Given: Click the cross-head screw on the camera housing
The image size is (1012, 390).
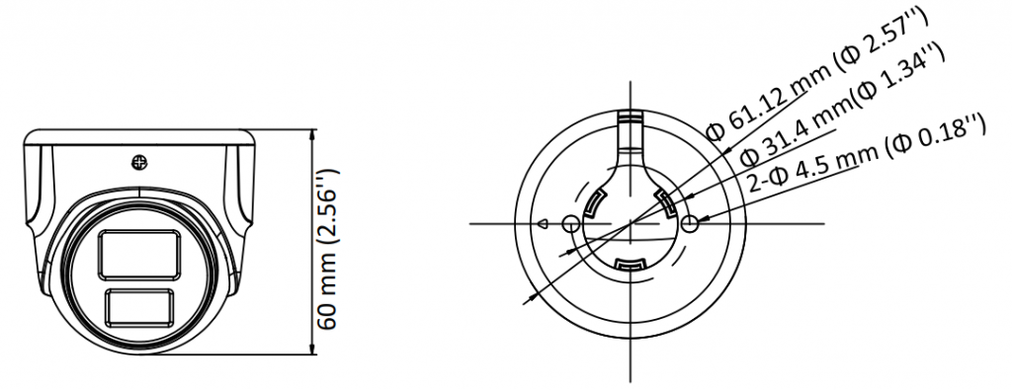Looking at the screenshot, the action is (x=139, y=163).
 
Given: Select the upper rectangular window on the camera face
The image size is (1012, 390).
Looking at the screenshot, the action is (x=138, y=256).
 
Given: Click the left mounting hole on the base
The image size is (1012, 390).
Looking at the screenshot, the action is (x=570, y=224).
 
